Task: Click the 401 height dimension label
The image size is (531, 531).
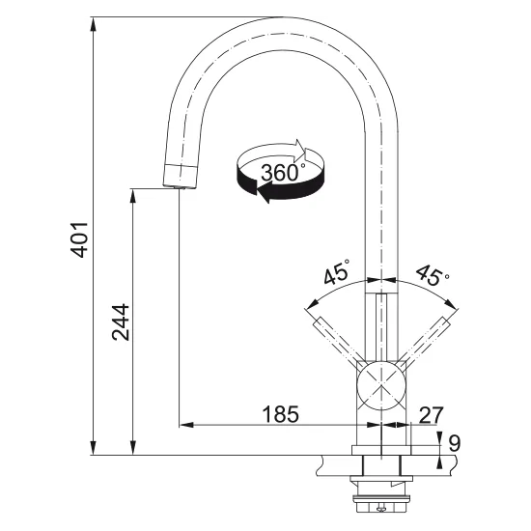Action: click(x=79, y=239)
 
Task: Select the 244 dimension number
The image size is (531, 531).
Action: click(x=121, y=322)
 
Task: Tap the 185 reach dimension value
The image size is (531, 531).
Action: click(x=281, y=414)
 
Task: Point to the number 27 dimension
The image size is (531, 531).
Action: click(x=431, y=415)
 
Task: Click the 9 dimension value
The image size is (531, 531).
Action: click(x=455, y=442)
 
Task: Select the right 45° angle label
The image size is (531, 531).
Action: click(x=433, y=274)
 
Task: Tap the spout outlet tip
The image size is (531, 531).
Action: click(x=180, y=186)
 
